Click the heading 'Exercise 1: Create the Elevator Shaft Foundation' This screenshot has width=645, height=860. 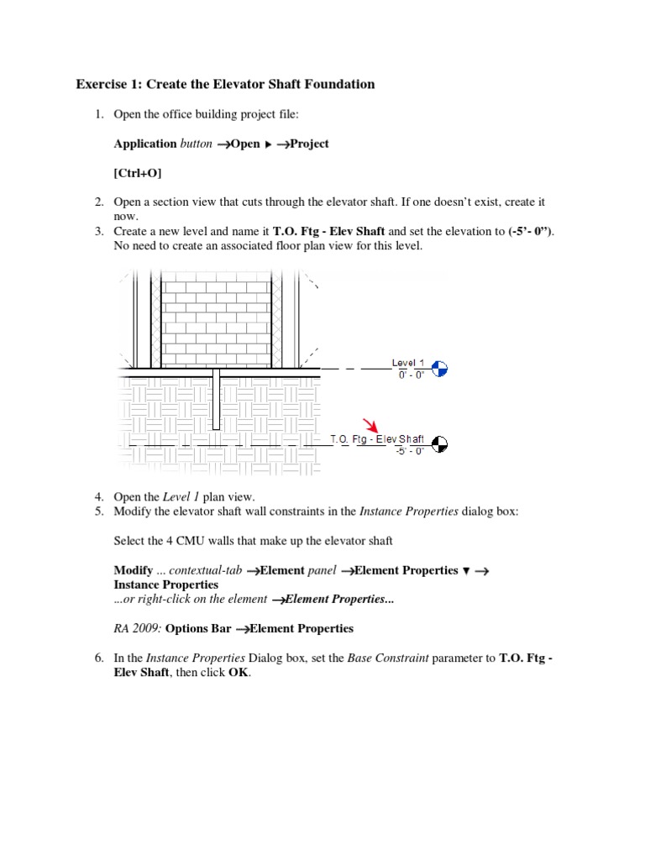225,84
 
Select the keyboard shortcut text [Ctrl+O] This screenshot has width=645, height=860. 138,173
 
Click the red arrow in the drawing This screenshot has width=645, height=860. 370,425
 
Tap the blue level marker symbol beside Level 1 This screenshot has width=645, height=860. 439,368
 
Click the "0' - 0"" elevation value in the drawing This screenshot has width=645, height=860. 413,375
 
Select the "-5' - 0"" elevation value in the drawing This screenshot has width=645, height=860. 410,451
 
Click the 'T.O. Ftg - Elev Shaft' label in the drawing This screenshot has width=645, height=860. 377,439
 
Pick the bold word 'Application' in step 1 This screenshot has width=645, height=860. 145,144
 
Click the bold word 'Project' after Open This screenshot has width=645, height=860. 309,144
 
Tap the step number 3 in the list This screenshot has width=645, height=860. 98,231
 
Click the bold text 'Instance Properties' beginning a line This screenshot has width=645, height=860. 165,585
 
